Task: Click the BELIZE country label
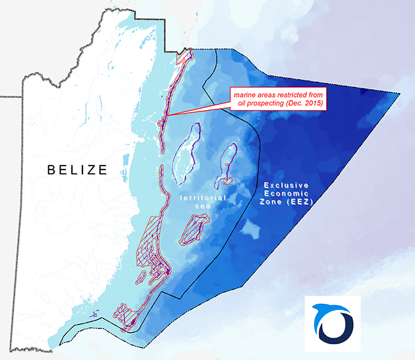coord(77,169)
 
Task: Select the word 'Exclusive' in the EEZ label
coord(283,185)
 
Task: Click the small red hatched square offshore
coord(228,180)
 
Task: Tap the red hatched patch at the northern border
coord(182,57)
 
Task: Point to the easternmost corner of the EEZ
coord(400,94)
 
